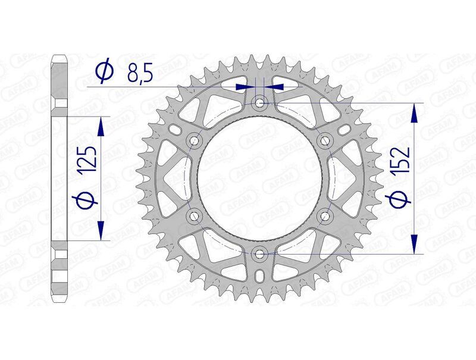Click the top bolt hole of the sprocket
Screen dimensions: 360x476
[x=259, y=103]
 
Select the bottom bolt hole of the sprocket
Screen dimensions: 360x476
[x=259, y=254]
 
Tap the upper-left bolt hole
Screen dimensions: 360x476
[x=194, y=140]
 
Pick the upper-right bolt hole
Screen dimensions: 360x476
[x=325, y=140]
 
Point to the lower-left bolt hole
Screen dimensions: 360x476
[x=194, y=216]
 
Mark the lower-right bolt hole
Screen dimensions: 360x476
[x=325, y=216]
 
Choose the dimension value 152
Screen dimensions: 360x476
[x=402, y=159]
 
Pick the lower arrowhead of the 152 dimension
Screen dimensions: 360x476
[x=414, y=245]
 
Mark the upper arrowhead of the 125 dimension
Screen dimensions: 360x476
[x=101, y=124]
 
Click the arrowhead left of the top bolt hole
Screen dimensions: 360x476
[x=244, y=87]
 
